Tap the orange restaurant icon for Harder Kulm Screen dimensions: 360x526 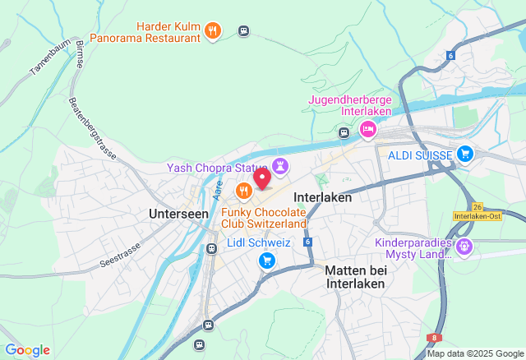(x=213, y=30)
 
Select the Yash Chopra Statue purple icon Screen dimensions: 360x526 (x=282, y=167)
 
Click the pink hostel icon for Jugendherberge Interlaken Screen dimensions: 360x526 (x=367, y=129)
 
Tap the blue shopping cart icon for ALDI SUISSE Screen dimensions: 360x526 (x=465, y=154)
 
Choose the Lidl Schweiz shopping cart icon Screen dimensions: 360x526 (x=266, y=261)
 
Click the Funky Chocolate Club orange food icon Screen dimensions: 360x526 (x=243, y=192)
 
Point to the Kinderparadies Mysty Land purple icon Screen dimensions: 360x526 (x=464, y=245)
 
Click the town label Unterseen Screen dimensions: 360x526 (x=178, y=213)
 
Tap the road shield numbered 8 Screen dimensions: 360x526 (x=433, y=337)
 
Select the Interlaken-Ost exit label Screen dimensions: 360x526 (x=477, y=216)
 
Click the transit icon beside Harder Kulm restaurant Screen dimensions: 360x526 (x=243, y=31)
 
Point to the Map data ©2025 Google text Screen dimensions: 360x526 (x=473, y=354)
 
